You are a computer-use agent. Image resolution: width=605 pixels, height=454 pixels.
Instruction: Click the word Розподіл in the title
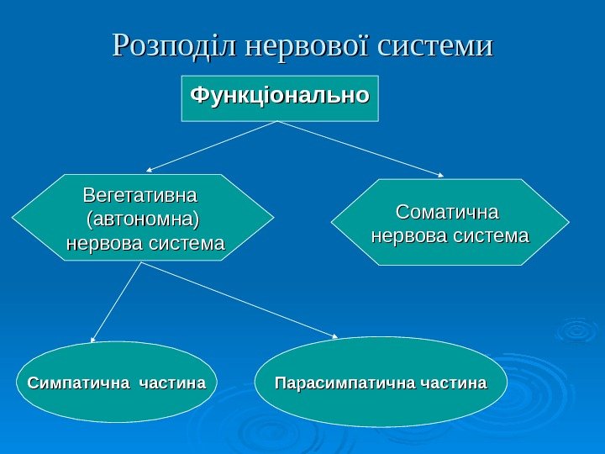(x=173, y=46)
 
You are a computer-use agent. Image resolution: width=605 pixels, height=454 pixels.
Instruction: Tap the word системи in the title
(x=434, y=46)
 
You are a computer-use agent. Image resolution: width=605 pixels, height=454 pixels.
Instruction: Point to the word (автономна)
(x=144, y=219)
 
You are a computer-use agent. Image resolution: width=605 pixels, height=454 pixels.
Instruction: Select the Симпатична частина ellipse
(x=117, y=382)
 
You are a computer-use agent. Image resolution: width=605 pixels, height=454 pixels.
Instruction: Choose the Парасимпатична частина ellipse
(x=381, y=382)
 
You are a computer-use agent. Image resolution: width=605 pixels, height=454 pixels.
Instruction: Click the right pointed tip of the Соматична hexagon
(x=567, y=223)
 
